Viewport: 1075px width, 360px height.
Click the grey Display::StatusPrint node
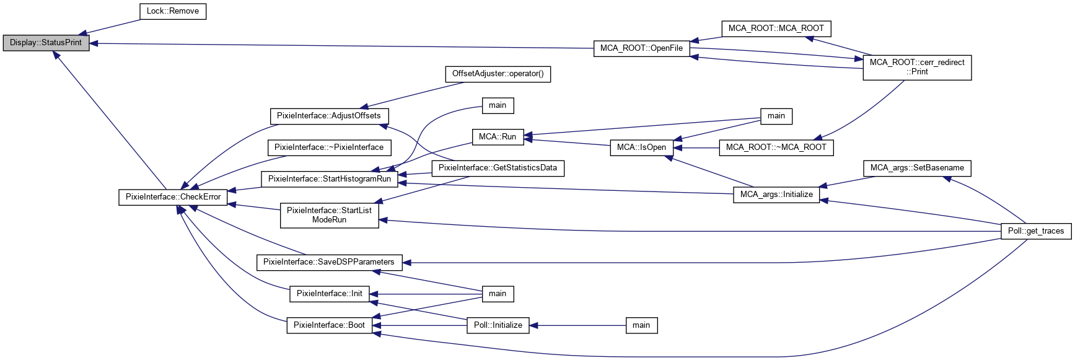pyautogui.click(x=46, y=43)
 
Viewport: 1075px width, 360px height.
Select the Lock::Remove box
pyautogui.click(x=173, y=11)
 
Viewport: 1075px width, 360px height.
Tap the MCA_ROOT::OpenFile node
pyautogui.click(x=641, y=48)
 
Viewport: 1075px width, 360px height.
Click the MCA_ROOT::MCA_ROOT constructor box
pyautogui.click(x=776, y=29)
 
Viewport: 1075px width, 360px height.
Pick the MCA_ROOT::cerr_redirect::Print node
pyautogui.click(x=917, y=67)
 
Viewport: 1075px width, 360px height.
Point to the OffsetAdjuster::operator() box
pyautogui.click(x=498, y=74)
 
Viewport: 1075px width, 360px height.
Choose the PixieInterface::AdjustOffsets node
pyautogui.click(x=329, y=116)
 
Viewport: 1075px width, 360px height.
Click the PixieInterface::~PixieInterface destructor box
pyautogui.click(x=329, y=147)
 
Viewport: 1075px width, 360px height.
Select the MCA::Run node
pyautogui.click(x=498, y=137)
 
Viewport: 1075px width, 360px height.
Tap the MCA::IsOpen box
pyautogui.click(x=641, y=147)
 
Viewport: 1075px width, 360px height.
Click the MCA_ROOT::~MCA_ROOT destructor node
pyautogui.click(x=776, y=147)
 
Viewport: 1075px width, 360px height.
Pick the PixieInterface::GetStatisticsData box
pyautogui.click(x=498, y=168)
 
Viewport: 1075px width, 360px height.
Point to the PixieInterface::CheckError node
pyautogui.click(x=173, y=197)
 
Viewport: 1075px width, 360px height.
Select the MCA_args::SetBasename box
pyautogui.click(x=917, y=168)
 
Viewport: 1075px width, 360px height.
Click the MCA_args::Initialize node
pyautogui.click(x=776, y=195)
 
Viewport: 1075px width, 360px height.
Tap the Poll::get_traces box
pyautogui.click(x=1036, y=231)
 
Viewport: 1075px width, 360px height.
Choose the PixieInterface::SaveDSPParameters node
pyautogui.click(x=329, y=262)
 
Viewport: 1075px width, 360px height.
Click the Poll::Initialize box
pyautogui.click(x=498, y=325)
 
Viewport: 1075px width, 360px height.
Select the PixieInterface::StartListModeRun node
pyautogui.click(x=329, y=215)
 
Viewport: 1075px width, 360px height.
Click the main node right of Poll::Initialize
pyautogui.click(x=641, y=325)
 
